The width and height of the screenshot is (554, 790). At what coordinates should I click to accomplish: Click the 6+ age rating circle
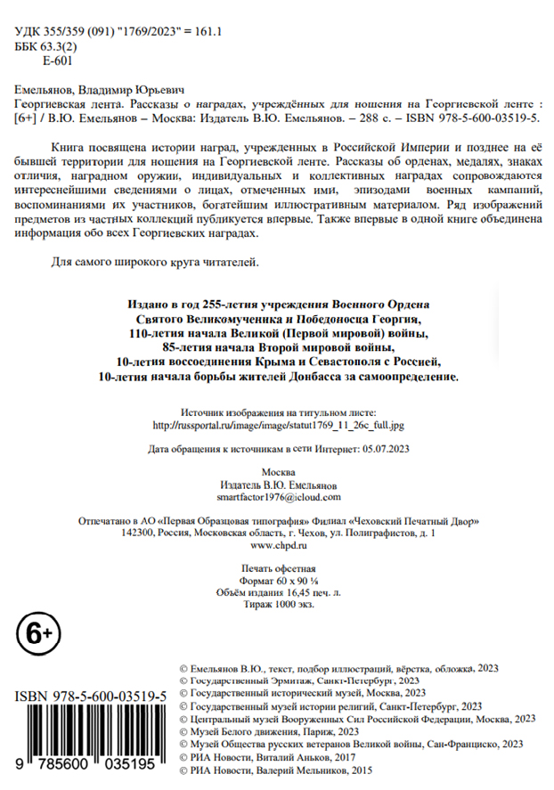pyautogui.click(x=36, y=634)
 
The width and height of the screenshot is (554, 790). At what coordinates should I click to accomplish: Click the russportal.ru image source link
pyautogui.click(x=279, y=426)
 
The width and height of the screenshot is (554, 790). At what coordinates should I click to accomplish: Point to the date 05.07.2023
pyautogui.click(x=385, y=448)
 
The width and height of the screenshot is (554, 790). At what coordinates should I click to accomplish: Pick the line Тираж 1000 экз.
pyautogui.click(x=278, y=603)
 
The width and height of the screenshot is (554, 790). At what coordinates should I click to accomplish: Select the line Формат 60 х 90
pyautogui.click(x=278, y=580)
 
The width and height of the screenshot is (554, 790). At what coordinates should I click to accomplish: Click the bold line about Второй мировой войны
pyautogui.click(x=278, y=346)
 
